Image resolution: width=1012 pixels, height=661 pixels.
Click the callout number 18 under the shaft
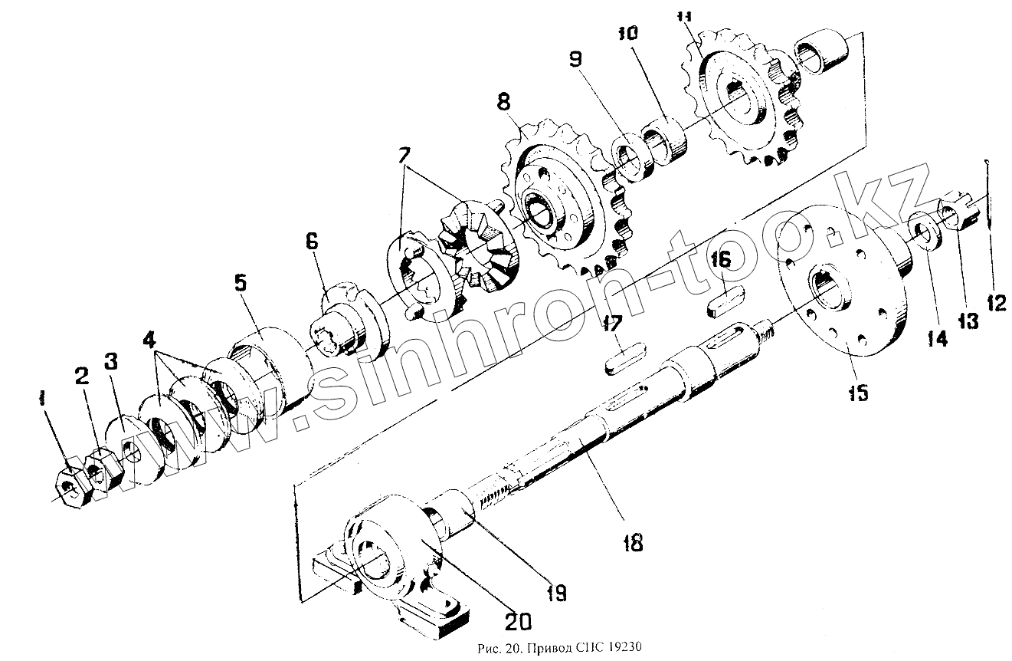[x=633, y=543]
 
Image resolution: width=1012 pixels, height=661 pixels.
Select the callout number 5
[x=240, y=283]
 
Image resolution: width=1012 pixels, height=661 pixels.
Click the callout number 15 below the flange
[x=857, y=393]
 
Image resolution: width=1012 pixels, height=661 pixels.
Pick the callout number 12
[x=994, y=302]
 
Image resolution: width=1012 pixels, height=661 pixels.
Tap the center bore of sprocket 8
[x=543, y=210]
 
